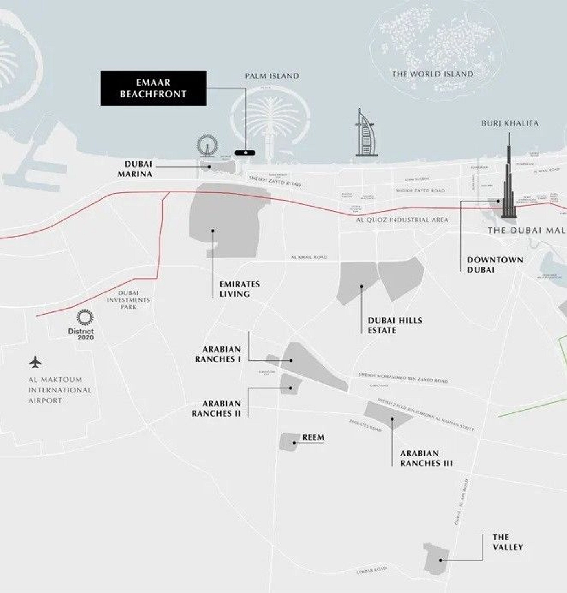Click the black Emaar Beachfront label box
pyautogui.click(x=153, y=88)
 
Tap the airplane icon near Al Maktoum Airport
pyautogui.click(x=35, y=362)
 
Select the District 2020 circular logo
pyautogui.click(x=85, y=317)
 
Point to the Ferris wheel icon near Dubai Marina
pyautogui.click(x=207, y=145)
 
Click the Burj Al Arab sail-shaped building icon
pyautogui.click(x=365, y=134)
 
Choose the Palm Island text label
pyautogui.click(x=272, y=76)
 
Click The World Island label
pyautogui.click(x=433, y=74)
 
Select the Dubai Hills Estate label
pyautogui.click(x=395, y=325)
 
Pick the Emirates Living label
pyautogui.click(x=240, y=289)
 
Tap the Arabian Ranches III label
pyautogui.click(x=426, y=458)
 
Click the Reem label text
pyautogui.click(x=313, y=437)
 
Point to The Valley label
pyautogui.click(x=508, y=542)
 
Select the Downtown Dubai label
pyautogui.click(x=494, y=265)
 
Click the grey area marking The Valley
pyautogui.click(x=436, y=558)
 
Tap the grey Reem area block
pyautogui.click(x=288, y=442)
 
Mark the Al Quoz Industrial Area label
pyautogui.click(x=402, y=220)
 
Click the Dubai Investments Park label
pyautogui.click(x=128, y=300)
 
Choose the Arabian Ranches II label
pyautogui.click(x=216, y=408)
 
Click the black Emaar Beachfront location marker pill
pyautogui.click(x=245, y=153)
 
